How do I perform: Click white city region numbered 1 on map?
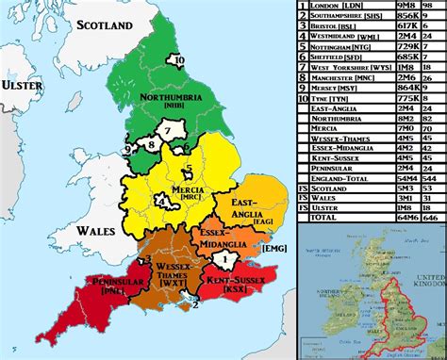tap(224, 256)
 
